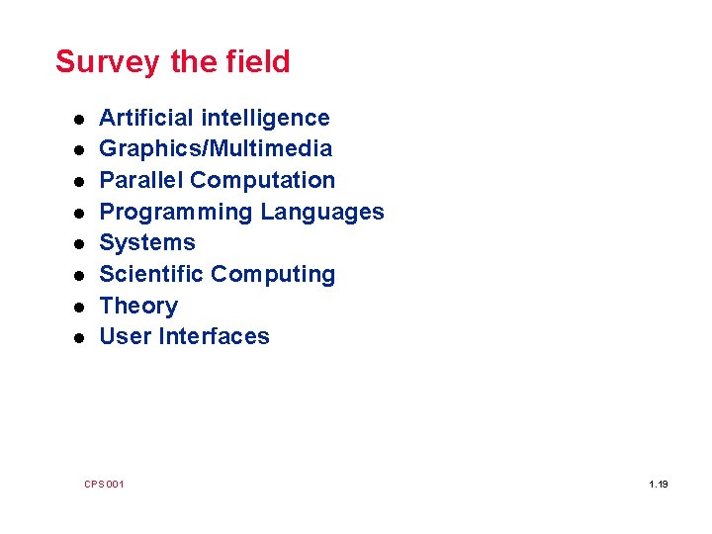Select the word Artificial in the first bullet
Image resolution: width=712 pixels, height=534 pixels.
tap(147, 118)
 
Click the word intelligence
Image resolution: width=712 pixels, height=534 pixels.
tap(265, 118)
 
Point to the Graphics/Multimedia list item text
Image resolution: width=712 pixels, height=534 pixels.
tap(216, 149)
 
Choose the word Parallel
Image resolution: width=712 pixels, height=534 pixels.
tap(142, 180)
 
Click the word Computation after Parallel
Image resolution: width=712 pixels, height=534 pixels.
tap(263, 180)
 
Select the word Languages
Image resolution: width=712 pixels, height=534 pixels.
tap(322, 212)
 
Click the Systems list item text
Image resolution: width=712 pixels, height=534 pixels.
tap(147, 243)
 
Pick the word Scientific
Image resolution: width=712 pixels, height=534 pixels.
tap(152, 274)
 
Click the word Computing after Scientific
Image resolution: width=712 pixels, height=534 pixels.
tap(274, 275)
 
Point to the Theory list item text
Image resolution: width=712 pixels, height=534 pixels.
tap(138, 306)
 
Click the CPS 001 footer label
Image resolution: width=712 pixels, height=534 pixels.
tap(104, 484)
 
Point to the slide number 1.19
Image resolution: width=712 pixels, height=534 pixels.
tap(659, 484)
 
